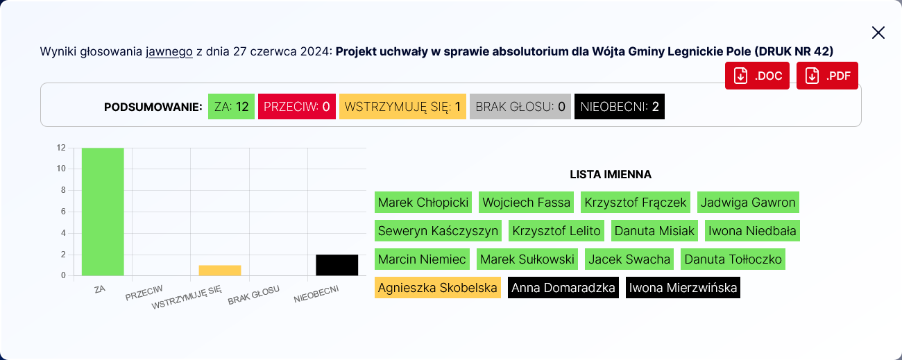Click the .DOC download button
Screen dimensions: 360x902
[x=758, y=76]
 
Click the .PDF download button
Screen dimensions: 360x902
[x=827, y=76]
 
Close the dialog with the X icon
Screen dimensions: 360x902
[x=878, y=33]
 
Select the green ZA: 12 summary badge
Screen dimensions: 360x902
[x=231, y=107]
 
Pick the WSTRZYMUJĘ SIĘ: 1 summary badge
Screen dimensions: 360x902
[x=402, y=107]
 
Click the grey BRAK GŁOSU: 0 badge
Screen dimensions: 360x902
[x=520, y=107]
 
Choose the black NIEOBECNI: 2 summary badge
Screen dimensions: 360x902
[x=620, y=107]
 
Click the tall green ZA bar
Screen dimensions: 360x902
[x=103, y=212]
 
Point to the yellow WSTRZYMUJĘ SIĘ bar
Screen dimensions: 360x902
[x=220, y=271]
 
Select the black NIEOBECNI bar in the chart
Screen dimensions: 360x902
[x=337, y=265]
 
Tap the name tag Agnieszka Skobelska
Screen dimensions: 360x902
[x=438, y=288]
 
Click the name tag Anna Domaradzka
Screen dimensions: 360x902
[x=563, y=288]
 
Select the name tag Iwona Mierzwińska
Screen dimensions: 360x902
[x=683, y=288]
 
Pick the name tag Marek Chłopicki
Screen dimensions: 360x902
[x=423, y=203]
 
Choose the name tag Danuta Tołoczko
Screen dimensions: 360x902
[x=733, y=259]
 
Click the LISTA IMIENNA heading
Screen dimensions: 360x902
[x=611, y=175]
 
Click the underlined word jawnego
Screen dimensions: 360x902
[x=169, y=52]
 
